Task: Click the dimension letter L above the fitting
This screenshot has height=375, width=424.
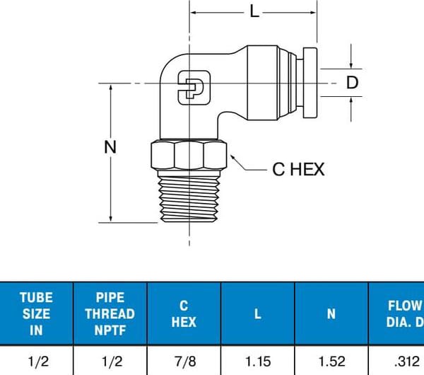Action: tap(254, 11)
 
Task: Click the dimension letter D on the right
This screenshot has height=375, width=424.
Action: tap(353, 83)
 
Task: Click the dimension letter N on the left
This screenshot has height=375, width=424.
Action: tap(110, 147)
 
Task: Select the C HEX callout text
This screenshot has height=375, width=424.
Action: tap(298, 170)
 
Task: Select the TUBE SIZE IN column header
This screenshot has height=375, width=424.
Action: tap(35, 313)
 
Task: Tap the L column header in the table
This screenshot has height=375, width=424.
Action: tap(258, 313)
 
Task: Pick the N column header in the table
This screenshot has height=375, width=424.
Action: tap(332, 313)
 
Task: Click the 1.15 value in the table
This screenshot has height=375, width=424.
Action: tap(258, 362)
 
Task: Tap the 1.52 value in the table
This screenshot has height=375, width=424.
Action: tap(332, 362)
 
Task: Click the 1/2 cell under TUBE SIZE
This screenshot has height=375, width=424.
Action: tap(35, 362)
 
